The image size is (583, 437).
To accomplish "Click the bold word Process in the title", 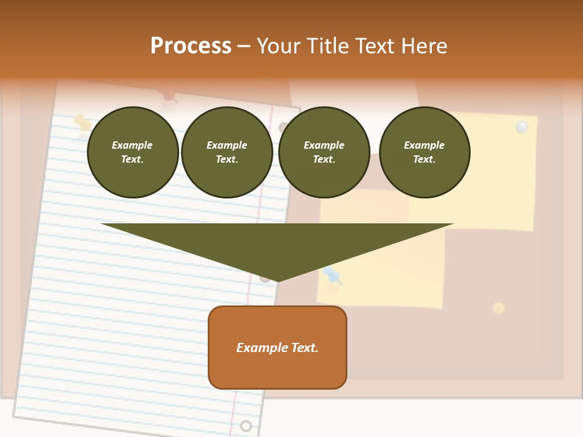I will [191, 46].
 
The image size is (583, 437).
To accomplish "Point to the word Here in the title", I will [425, 46].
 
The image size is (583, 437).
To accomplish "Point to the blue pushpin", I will [332, 275].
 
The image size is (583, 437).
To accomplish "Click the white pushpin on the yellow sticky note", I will [521, 127].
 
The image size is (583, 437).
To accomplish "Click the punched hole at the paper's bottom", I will [245, 425].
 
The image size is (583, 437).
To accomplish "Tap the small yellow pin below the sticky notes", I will [499, 308].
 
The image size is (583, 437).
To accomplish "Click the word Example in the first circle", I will [132, 145].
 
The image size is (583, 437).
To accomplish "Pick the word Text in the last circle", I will [424, 159].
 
